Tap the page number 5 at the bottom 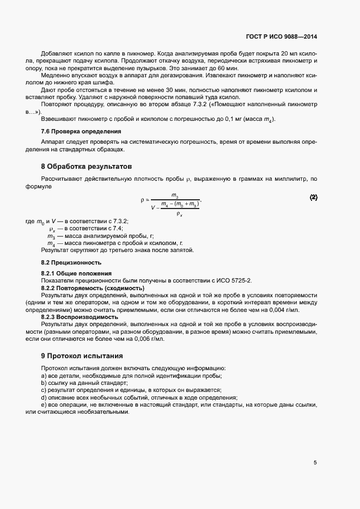point(315,463)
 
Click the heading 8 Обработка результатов point(86,165)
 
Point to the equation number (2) point(314,197)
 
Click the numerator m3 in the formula point(175,194)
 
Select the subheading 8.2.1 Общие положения point(76,273)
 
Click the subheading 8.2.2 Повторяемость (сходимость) point(93,287)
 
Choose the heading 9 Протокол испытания point(82,355)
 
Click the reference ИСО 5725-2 point(234,280)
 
